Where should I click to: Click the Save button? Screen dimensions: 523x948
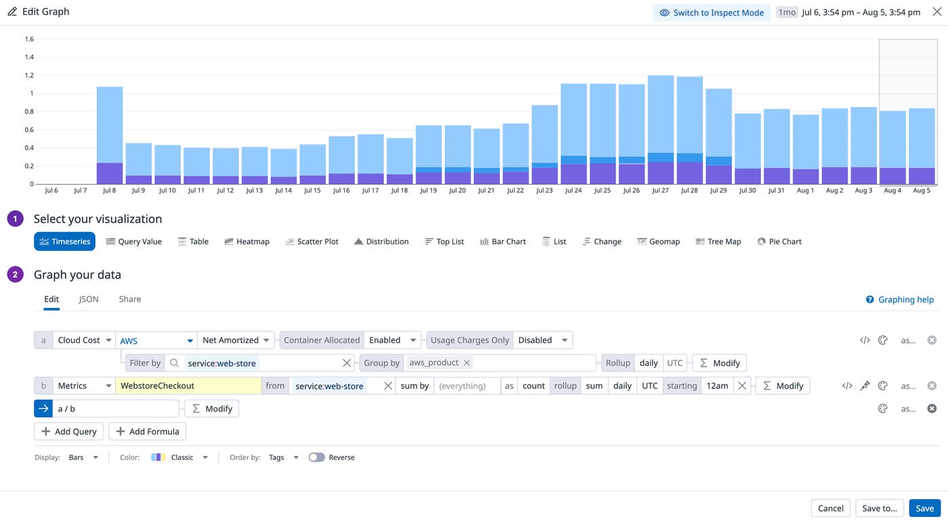924,508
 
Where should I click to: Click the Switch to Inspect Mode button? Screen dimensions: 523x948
711,12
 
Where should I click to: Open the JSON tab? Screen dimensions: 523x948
89,299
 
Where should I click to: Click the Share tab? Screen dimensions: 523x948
130,299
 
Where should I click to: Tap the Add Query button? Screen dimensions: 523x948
68,432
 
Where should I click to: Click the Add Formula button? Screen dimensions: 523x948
147,432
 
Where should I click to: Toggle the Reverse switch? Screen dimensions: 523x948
316,457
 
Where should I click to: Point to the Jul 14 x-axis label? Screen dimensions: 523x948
283,191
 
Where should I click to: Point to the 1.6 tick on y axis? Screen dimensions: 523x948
29,39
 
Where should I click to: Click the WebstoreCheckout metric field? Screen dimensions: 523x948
188,386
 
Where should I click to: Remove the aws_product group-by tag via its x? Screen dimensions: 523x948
467,363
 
